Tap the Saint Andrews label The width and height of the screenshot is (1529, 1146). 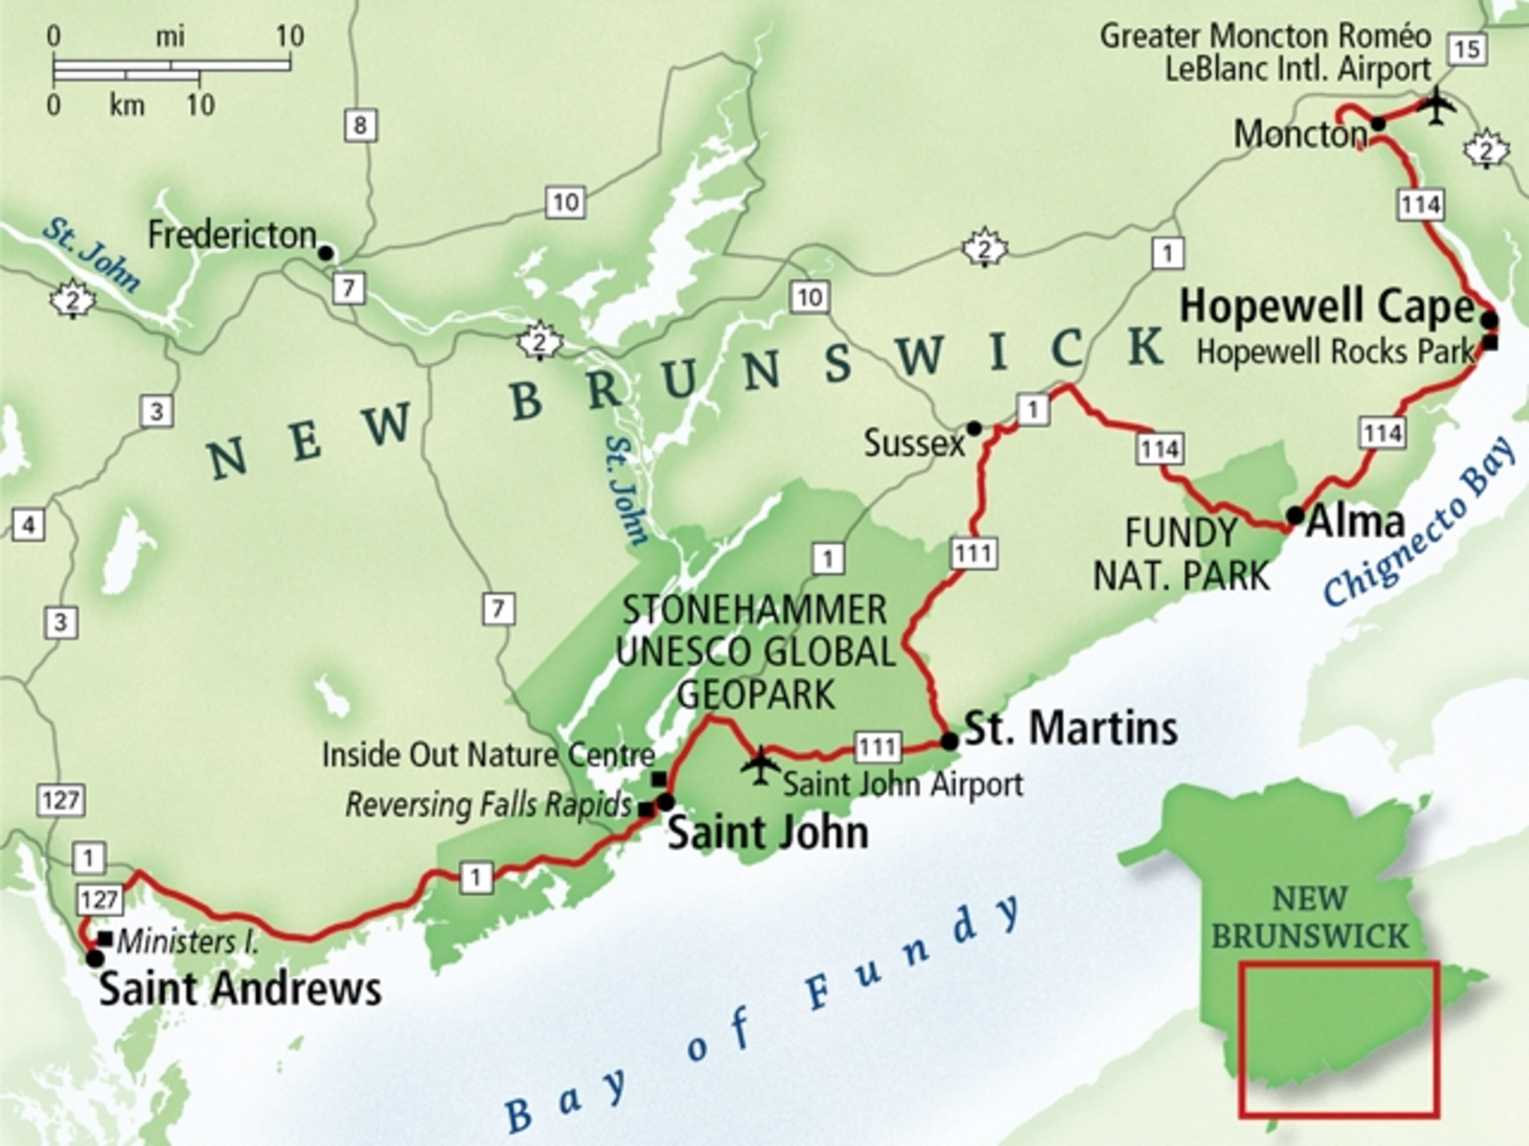[x=240, y=989]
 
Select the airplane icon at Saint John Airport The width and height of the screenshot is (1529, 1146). [x=761, y=765]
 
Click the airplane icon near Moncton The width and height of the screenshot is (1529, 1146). [x=1437, y=106]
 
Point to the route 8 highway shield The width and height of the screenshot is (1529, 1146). [x=360, y=126]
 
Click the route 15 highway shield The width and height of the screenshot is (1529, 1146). [x=1466, y=49]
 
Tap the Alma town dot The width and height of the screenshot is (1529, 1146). [x=1295, y=515]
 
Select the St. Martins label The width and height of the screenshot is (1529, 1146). [x=1070, y=729]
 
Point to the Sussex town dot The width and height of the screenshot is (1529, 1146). [x=973, y=428]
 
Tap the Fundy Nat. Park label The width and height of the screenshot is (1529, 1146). [x=1181, y=554]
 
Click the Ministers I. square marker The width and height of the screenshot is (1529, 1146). [x=105, y=940]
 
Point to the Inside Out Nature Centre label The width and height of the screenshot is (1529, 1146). [x=488, y=755]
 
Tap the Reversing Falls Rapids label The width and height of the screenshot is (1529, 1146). [x=488, y=805]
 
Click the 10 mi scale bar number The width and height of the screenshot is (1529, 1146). [x=290, y=36]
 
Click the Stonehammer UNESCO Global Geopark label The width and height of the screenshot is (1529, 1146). [x=755, y=652]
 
